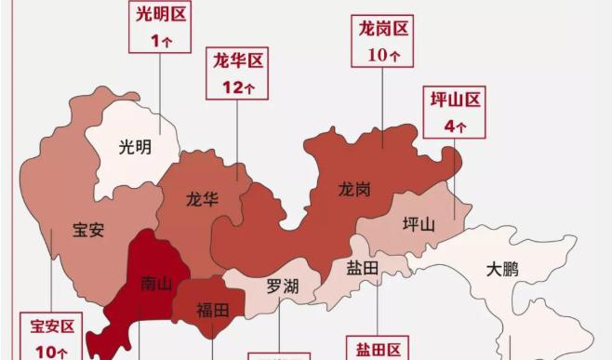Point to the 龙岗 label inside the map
tap(354, 189)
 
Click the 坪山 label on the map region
tap(418, 224)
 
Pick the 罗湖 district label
tap(283, 285)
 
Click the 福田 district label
tap(212, 310)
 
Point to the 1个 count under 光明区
tap(160, 41)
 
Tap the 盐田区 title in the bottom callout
tap(377, 350)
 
